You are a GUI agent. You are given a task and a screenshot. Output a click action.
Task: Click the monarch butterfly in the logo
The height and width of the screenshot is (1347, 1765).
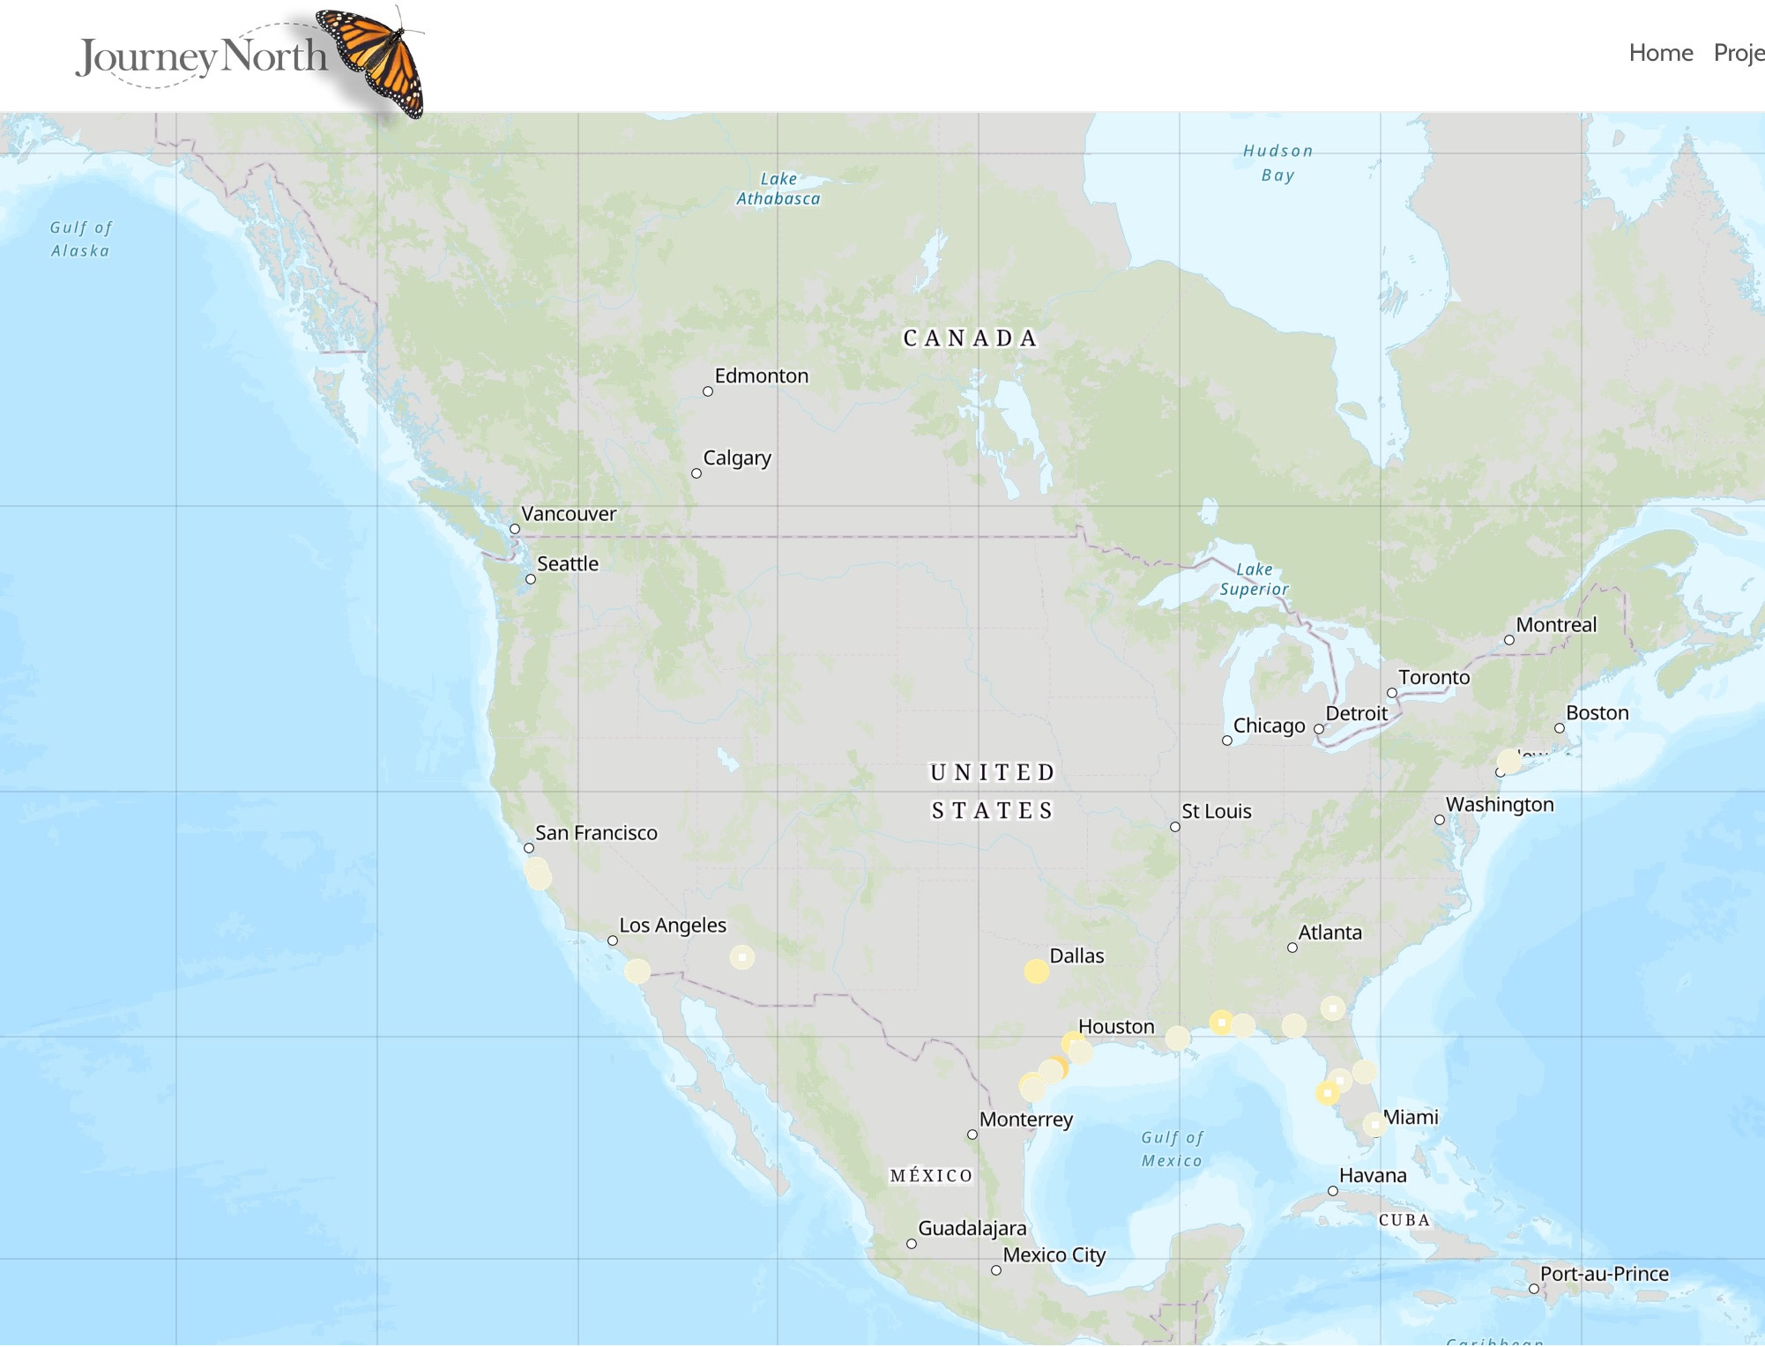tap(375, 60)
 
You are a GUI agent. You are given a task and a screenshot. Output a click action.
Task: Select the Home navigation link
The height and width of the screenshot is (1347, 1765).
tap(1660, 53)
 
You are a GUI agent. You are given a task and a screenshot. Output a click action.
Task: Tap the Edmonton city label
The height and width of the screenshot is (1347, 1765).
tap(761, 376)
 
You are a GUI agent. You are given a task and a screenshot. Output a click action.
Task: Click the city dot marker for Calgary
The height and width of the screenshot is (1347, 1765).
tap(696, 473)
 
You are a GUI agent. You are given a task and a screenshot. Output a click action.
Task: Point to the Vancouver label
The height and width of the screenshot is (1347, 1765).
tap(568, 513)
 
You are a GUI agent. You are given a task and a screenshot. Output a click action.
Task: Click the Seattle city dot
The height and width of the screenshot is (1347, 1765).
tap(531, 579)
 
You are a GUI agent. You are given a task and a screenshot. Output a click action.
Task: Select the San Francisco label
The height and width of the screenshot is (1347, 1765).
tap(596, 832)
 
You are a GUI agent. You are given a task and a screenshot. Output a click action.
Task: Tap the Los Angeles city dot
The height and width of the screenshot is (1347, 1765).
tap(613, 941)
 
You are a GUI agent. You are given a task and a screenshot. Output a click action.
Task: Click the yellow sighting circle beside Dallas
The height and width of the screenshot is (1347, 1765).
tap(1037, 971)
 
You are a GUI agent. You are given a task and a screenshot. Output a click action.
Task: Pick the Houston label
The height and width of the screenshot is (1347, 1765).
tap(1116, 1026)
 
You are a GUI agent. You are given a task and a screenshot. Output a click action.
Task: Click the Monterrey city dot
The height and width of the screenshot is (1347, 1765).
tap(972, 1135)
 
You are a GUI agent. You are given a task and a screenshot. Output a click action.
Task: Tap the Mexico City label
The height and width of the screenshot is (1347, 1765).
tap(1054, 1254)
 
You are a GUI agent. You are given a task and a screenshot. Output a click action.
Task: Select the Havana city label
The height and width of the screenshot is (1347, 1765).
tap(1373, 1175)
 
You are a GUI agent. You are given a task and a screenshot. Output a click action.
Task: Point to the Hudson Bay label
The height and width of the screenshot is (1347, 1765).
tap(1277, 163)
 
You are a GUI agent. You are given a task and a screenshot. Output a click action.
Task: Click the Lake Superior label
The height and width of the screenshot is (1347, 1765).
tap(1254, 579)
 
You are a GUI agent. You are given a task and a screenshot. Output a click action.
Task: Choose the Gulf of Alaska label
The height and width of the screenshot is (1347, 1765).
tap(80, 239)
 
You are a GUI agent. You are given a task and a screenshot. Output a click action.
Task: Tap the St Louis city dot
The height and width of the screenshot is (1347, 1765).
tap(1175, 827)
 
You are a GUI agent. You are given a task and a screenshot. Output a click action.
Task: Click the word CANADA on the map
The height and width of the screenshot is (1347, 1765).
tap(970, 339)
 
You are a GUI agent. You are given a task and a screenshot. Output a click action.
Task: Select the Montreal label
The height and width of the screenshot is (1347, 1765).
tap(1556, 624)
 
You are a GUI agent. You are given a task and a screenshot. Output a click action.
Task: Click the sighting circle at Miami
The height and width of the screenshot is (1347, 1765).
tap(1374, 1124)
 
